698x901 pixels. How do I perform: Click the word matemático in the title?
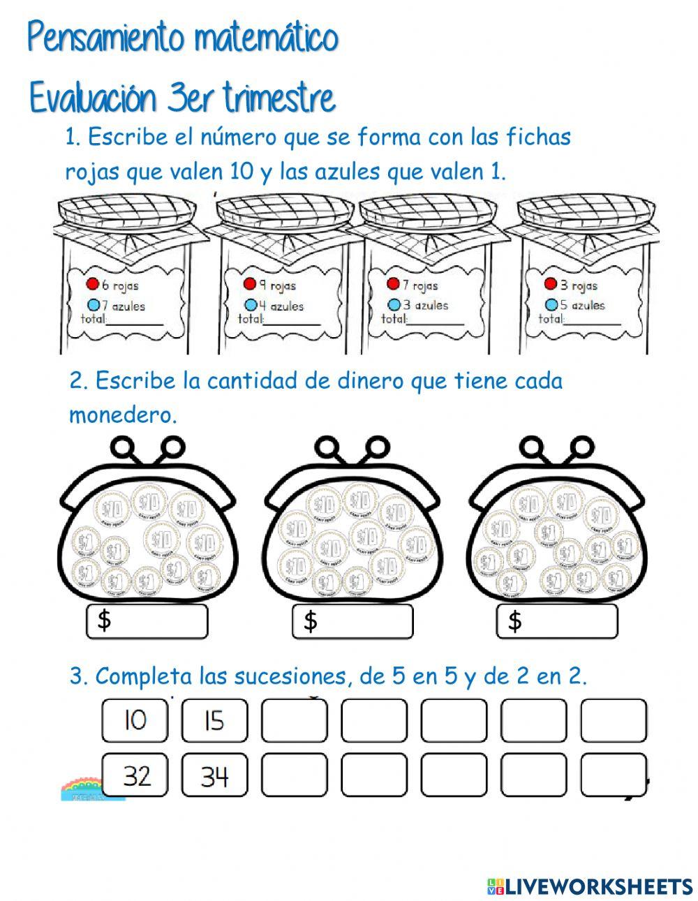(x=266, y=38)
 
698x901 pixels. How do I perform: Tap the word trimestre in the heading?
(x=279, y=99)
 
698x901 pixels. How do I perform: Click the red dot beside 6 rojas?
(x=91, y=284)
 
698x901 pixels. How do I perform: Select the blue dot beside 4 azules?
(x=251, y=305)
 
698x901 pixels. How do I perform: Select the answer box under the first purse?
(x=147, y=621)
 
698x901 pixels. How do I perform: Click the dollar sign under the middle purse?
(x=310, y=621)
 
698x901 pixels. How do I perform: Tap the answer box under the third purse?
(x=557, y=621)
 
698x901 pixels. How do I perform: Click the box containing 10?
(x=135, y=720)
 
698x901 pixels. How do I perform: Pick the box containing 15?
(x=214, y=720)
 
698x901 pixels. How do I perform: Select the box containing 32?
(x=135, y=775)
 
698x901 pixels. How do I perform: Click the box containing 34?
(x=214, y=775)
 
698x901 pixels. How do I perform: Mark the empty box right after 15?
(x=294, y=720)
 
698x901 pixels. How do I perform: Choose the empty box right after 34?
(x=294, y=775)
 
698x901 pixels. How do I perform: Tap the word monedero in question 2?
(x=122, y=415)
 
